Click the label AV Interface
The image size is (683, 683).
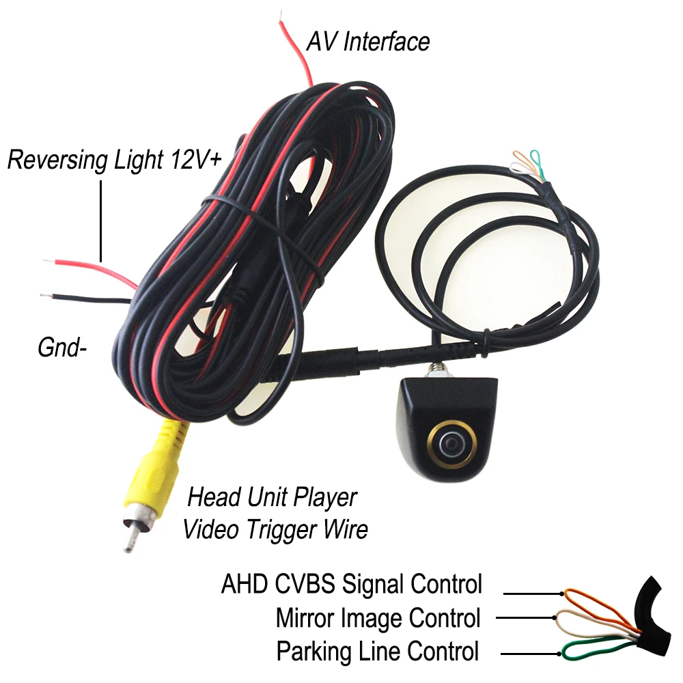coord(367,42)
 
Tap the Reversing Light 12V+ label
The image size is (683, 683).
coord(114,161)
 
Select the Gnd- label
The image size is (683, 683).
coord(65,348)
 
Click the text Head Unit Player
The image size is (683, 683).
coord(272,497)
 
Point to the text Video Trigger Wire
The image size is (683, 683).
coord(275,529)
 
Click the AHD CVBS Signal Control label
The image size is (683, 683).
coord(351,585)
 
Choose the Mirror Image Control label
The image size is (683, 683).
coord(378,618)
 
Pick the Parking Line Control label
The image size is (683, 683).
coord(377,651)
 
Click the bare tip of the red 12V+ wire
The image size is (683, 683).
coord(48,260)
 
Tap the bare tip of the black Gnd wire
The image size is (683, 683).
coord(46,296)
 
